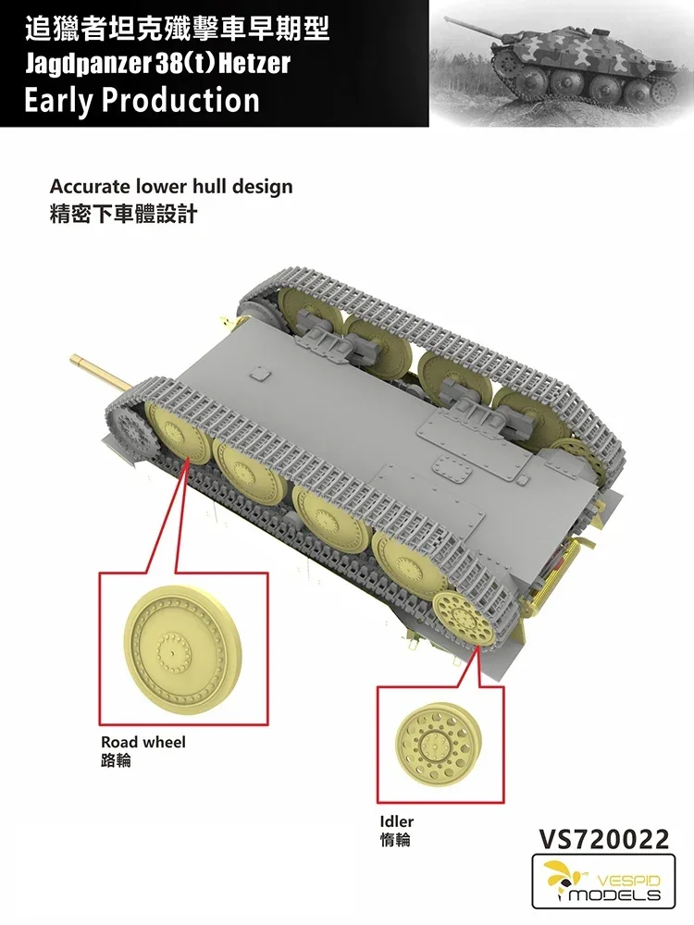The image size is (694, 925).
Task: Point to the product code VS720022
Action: [602, 839]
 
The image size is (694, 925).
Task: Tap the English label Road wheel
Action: [143, 743]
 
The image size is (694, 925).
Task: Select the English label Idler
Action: [396, 821]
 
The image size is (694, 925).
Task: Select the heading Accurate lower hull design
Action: [171, 186]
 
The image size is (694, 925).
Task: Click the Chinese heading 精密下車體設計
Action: [123, 216]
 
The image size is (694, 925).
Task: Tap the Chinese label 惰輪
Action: [394, 840]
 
